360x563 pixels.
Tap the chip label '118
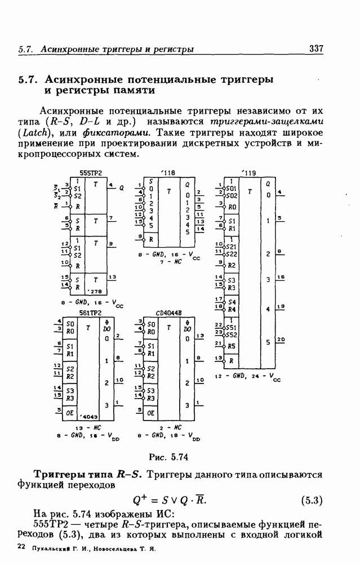[x=167, y=173]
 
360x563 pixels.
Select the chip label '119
[x=248, y=173]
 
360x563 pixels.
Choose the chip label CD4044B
[x=168, y=312]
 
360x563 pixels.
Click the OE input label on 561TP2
[x=70, y=412]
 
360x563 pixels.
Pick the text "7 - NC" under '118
[x=171, y=262]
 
